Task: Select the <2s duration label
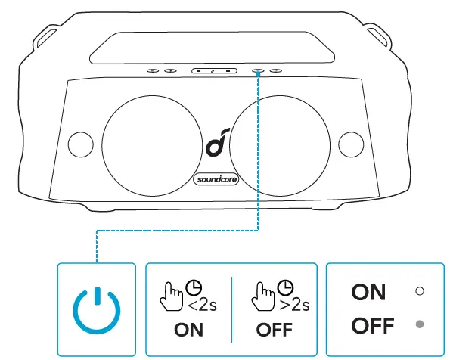tap(201, 305)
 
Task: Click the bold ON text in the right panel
tap(368, 291)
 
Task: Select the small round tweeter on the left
tap(79, 142)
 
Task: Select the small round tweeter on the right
tap(350, 142)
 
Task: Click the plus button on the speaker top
tap(228, 70)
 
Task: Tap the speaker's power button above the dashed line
tap(258, 70)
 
